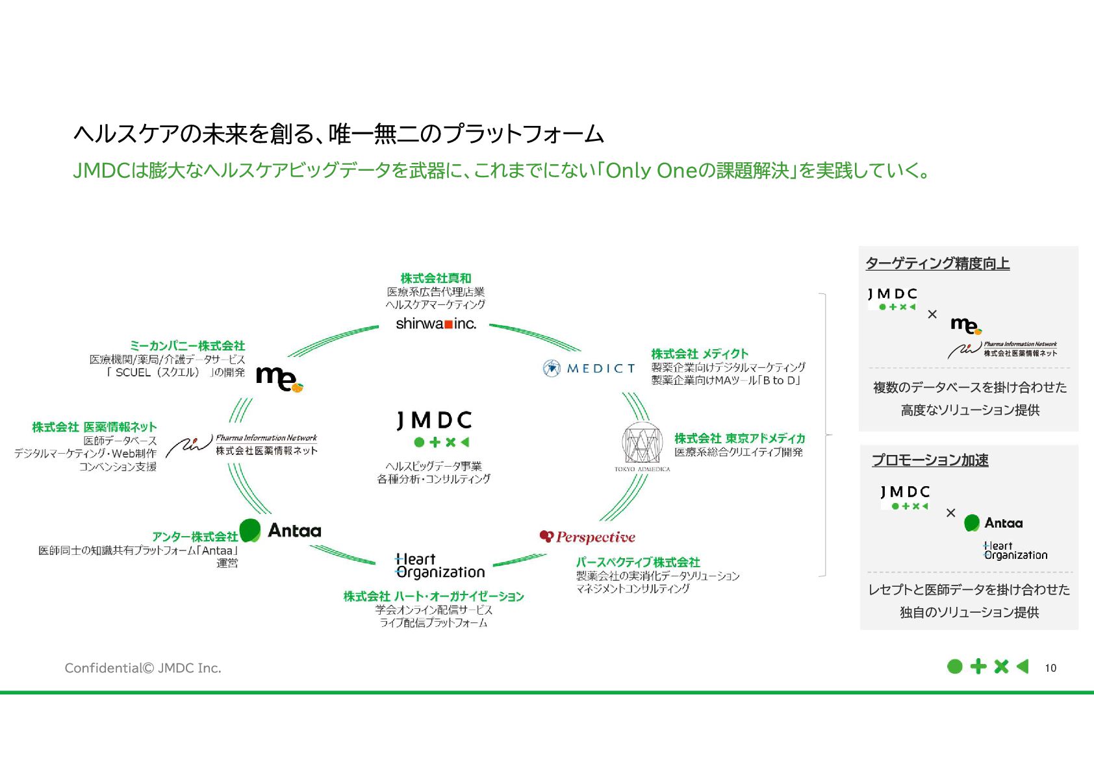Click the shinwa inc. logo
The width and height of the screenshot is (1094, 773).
click(436, 323)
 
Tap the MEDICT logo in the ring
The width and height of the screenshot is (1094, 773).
click(589, 369)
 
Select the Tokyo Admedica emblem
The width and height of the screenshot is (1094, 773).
click(642, 447)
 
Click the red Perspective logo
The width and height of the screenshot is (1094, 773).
click(587, 537)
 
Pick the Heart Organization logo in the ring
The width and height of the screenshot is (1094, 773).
click(440, 566)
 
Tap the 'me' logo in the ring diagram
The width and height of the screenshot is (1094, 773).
click(279, 378)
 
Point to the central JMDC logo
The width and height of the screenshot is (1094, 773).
click(434, 428)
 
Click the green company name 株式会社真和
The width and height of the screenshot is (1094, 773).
click(436, 278)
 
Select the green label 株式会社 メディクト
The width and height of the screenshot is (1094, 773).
click(700, 354)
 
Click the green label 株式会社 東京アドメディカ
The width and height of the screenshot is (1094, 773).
click(739, 438)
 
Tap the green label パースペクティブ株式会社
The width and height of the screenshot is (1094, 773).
click(637, 562)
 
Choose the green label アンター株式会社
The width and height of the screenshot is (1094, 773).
click(195, 537)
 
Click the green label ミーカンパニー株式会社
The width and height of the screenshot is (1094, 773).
click(187, 346)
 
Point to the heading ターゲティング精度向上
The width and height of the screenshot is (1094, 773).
click(937, 264)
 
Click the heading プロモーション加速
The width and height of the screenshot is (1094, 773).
click(930, 460)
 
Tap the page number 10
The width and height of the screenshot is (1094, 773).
click(1050, 668)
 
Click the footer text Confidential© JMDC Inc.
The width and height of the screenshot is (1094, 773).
click(143, 668)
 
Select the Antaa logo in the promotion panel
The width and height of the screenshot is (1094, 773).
click(993, 523)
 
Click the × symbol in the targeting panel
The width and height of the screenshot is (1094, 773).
click(932, 314)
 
